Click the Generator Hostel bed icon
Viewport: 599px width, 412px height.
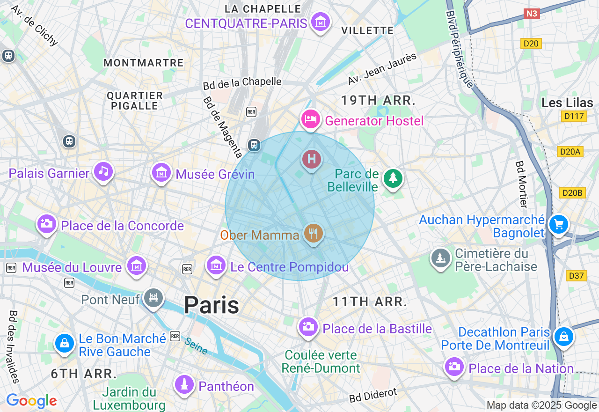310,119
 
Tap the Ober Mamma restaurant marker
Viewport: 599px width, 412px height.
313,232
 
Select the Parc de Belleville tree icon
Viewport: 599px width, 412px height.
393,178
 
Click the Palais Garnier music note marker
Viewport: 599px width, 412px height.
103,171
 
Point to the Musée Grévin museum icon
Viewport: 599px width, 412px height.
161,172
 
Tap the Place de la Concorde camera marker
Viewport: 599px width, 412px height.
46,224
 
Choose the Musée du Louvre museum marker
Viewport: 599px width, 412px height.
136,266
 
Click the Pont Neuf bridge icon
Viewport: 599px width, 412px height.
153,297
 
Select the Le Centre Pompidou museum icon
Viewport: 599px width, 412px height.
216,265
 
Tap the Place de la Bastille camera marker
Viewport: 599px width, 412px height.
308,326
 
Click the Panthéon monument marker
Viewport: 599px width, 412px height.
184,384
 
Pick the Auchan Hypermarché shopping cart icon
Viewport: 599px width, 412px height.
558,224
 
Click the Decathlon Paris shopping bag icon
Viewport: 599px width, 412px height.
564,337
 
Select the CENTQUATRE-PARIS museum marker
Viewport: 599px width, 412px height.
321,22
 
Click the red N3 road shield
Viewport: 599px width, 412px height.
532,14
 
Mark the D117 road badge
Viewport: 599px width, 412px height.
573,116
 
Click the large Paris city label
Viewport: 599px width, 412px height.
212,305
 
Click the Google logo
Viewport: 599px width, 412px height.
31,401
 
